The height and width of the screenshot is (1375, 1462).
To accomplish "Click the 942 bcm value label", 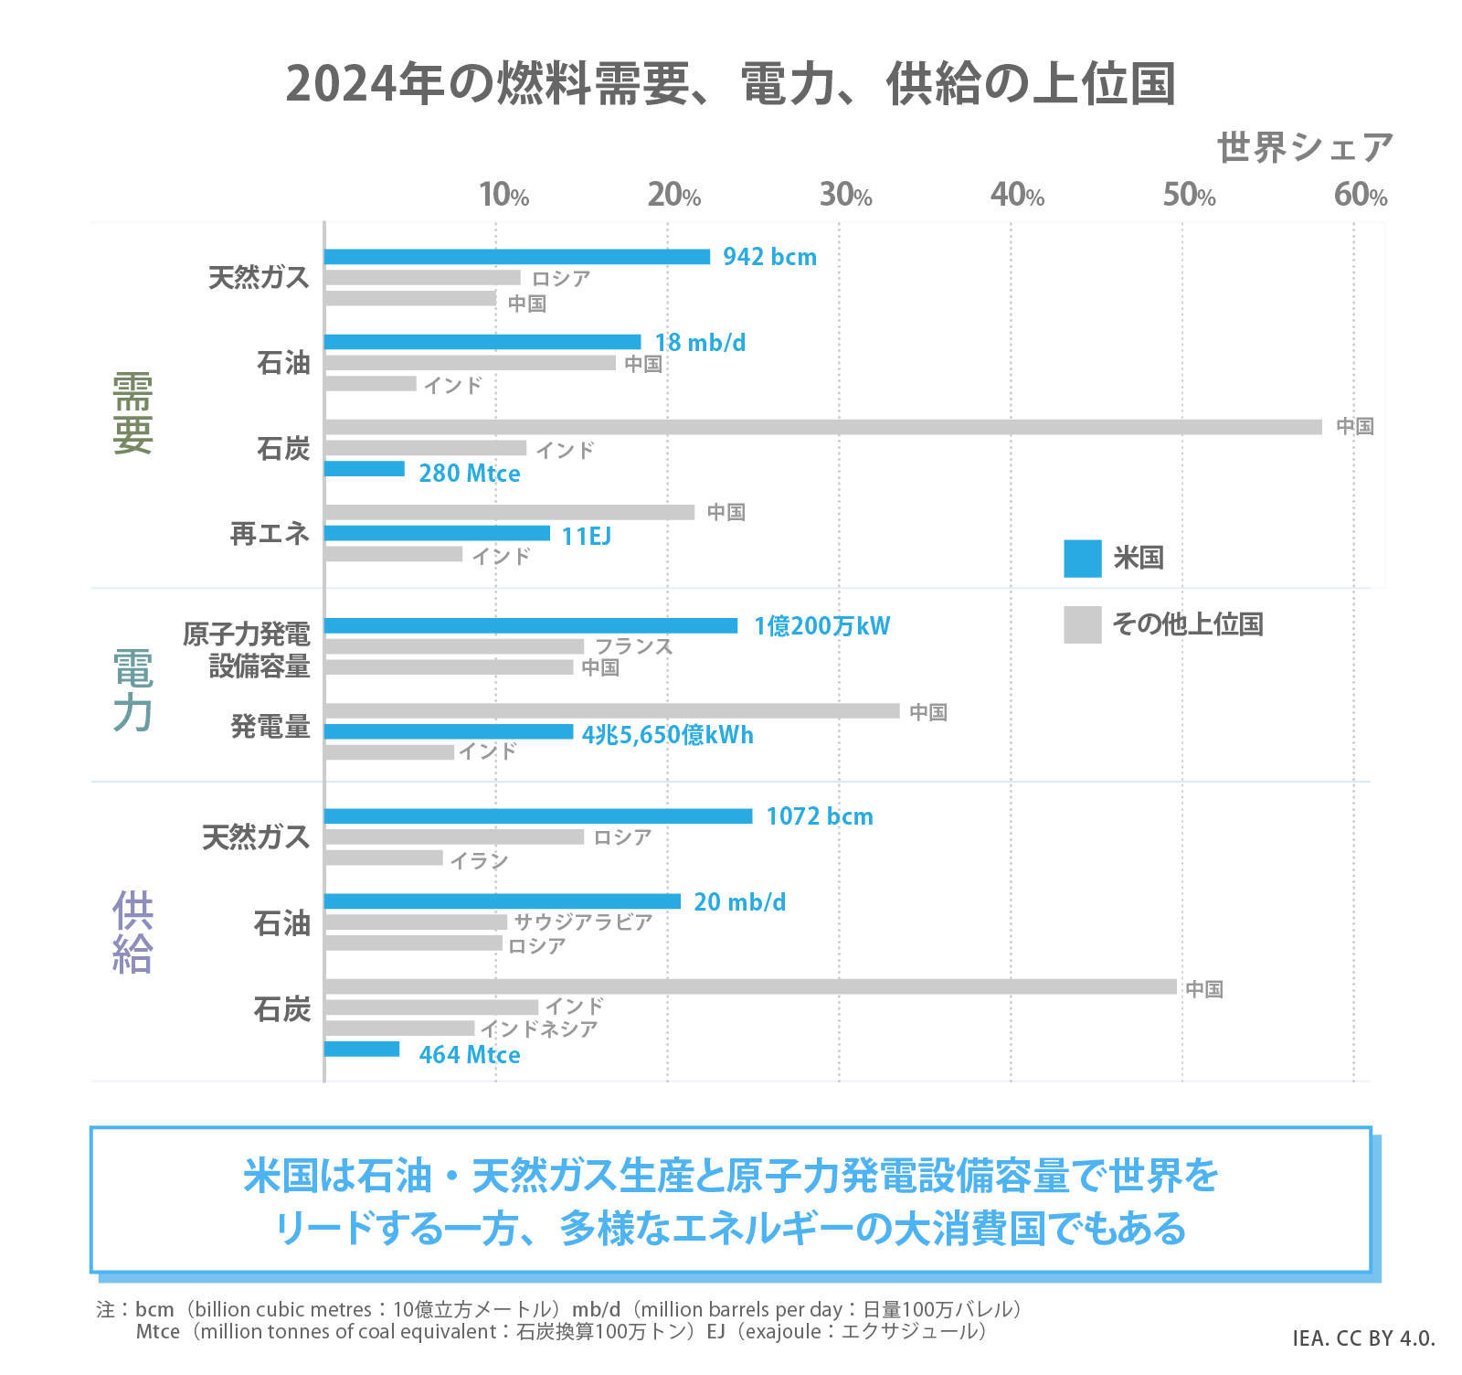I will [x=769, y=257].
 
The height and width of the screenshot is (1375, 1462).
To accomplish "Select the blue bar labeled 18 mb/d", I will [x=482, y=342].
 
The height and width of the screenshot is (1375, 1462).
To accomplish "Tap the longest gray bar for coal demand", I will [x=822, y=427].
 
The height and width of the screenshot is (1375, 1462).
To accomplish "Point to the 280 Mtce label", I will [x=469, y=474].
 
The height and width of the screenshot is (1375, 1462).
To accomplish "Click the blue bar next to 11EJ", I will [x=437, y=533].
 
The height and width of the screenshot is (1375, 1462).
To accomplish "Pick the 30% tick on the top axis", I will [x=845, y=195].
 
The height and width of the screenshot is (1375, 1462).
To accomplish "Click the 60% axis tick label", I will [x=1360, y=195].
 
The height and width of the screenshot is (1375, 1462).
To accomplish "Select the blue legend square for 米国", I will [x=1082, y=559].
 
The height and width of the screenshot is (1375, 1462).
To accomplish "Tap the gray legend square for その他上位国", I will [x=1082, y=625].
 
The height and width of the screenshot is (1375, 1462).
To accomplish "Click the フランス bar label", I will [x=634, y=646].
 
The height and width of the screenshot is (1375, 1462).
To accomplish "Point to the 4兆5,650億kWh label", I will [x=667, y=735].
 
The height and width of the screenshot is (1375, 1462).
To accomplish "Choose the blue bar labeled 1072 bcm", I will [x=538, y=816].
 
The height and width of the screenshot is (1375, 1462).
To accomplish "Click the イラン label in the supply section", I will [x=479, y=860].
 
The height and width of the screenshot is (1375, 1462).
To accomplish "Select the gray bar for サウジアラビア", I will [x=416, y=922].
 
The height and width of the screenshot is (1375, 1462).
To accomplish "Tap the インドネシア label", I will [x=539, y=1029].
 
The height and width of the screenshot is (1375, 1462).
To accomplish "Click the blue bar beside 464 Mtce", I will [x=362, y=1050].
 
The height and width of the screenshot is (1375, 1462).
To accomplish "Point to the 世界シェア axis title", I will [x=1305, y=148].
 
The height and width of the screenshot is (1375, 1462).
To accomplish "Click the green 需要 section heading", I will [x=132, y=413].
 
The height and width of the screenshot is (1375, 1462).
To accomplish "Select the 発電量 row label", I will [x=270, y=727].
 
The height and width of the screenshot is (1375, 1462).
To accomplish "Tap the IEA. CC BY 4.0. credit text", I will [x=1363, y=1338].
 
